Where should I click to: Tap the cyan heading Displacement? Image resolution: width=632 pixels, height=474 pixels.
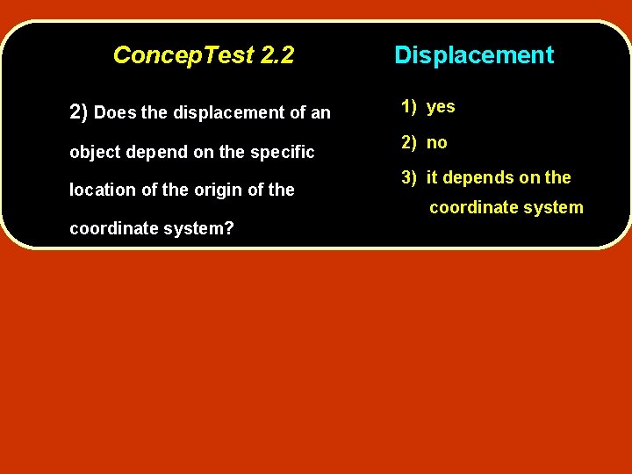474,55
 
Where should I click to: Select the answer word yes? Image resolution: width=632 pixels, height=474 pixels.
441,107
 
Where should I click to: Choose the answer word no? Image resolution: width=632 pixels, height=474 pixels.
437,142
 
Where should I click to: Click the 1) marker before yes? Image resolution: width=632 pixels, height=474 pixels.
410,107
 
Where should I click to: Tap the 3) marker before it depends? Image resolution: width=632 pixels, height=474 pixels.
410,177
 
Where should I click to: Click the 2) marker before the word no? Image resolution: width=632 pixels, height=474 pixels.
410,142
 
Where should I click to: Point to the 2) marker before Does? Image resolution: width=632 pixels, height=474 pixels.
78,112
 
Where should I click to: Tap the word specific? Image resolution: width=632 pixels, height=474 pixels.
282,152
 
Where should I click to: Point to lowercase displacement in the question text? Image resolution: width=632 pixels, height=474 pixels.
226,113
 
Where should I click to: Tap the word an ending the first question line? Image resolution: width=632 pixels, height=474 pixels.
320,113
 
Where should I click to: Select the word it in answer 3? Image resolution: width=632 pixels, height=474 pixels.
432,177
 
